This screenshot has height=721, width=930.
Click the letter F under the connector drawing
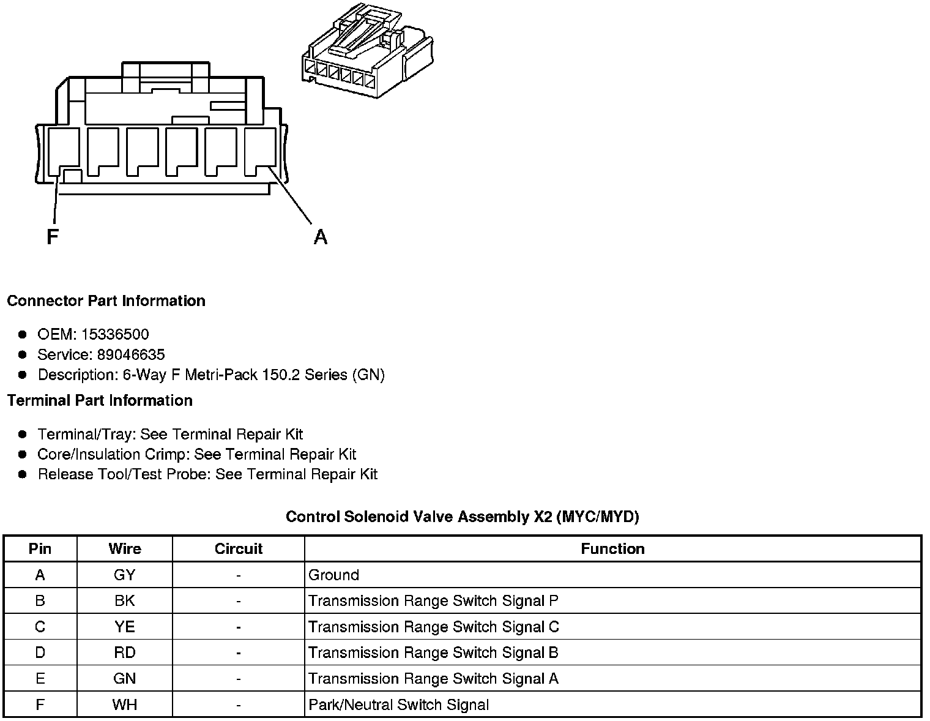(53, 237)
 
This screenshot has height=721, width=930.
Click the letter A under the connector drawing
(321, 237)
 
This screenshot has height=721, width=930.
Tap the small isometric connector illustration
(367, 52)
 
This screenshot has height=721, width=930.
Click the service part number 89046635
(131, 355)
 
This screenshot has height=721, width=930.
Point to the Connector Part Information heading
(106, 301)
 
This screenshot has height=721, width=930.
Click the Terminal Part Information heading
(100, 401)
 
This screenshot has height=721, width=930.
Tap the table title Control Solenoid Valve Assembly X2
(463, 517)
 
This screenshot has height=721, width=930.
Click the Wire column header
(125, 549)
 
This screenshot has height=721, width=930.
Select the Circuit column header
(238, 549)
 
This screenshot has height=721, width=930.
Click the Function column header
(612, 549)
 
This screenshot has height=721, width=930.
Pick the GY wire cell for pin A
(125, 575)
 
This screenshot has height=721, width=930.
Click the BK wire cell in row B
(125, 601)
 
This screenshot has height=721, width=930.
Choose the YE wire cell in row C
(125, 627)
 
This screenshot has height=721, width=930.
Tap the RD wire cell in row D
(125, 653)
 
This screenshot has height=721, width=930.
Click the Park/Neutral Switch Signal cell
(399, 705)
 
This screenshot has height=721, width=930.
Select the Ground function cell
(334, 575)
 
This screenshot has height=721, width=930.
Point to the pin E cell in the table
(40, 679)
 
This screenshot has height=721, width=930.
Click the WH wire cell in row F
(125, 705)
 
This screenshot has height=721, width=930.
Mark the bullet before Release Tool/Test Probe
(23, 474)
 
